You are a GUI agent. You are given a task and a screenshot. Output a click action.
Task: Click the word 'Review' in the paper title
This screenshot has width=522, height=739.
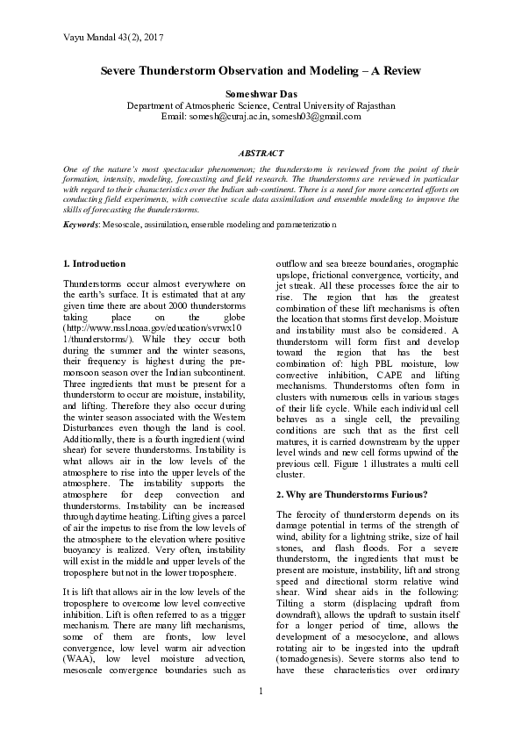397,70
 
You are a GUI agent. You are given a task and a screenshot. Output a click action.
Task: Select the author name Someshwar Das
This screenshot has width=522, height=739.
261,93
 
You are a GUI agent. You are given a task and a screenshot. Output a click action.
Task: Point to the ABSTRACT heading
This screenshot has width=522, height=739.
261,153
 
